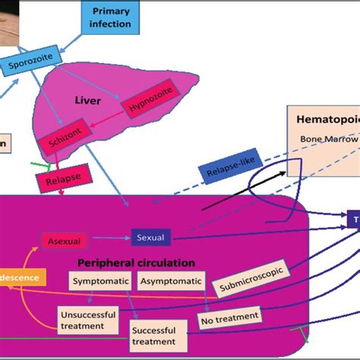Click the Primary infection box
click(111, 17)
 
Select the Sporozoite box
click(27, 65)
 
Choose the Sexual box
click(150, 238)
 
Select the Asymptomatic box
click(172, 282)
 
